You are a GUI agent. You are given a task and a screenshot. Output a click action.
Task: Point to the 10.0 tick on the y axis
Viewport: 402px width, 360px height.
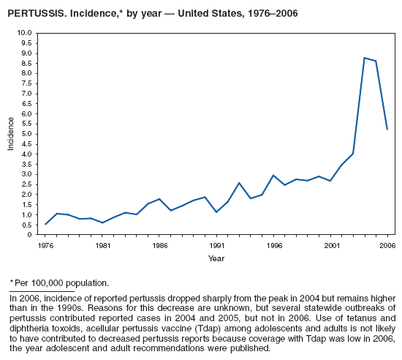click(25, 33)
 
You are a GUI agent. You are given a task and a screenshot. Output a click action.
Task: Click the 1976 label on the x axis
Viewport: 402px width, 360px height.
click(45, 246)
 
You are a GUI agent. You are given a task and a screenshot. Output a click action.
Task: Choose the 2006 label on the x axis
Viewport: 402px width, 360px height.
click(387, 246)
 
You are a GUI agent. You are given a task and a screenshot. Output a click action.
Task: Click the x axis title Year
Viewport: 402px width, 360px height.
click(216, 258)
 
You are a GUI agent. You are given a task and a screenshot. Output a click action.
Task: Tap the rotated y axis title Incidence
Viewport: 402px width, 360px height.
click(10, 134)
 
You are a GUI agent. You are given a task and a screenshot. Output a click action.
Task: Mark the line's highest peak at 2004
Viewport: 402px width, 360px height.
click(364, 58)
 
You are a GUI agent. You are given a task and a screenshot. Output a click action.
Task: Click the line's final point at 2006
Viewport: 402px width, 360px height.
click(387, 130)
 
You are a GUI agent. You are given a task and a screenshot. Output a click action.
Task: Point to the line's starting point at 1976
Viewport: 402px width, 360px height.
click(45, 224)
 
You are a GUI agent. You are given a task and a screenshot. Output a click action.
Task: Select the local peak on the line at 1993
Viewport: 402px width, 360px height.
click(239, 183)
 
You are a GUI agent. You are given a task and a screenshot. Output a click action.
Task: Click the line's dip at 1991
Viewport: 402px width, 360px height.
click(216, 212)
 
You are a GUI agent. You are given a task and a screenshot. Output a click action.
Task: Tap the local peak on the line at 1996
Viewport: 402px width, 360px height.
click(273, 176)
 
